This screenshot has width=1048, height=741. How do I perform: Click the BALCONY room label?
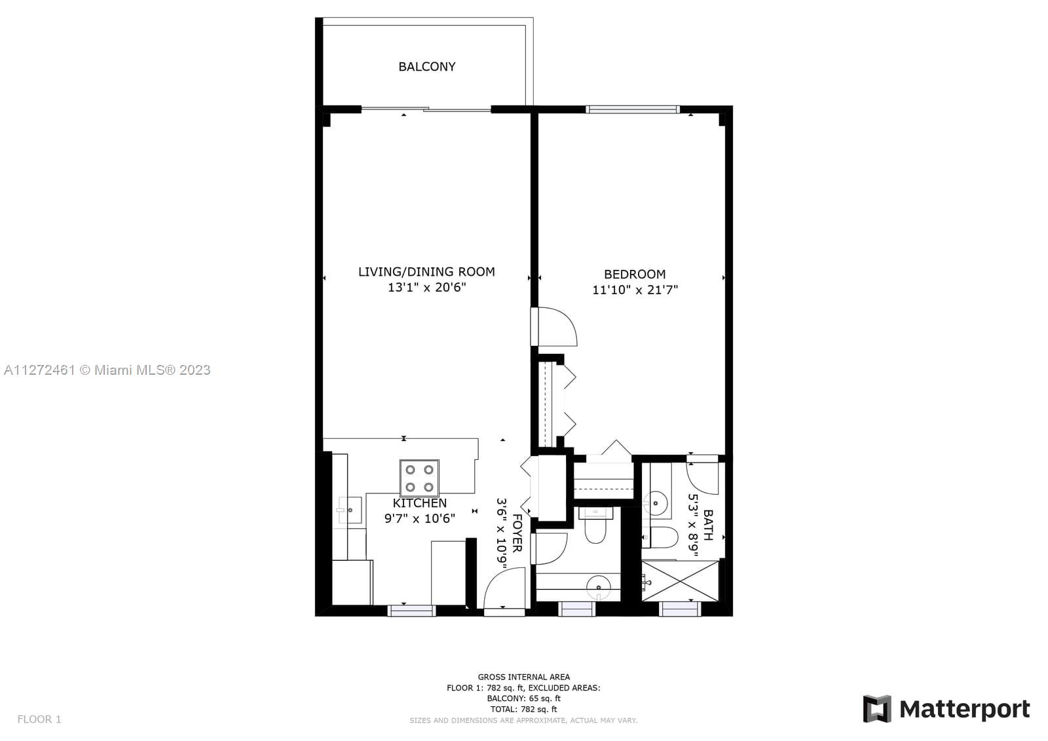click(x=426, y=66)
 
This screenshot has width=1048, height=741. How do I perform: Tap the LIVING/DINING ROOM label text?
click(x=426, y=272)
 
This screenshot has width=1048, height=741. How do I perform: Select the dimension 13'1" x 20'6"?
click(x=426, y=288)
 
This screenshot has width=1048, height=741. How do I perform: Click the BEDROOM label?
click(x=635, y=275)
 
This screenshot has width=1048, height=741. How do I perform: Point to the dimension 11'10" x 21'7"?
click(x=635, y=290)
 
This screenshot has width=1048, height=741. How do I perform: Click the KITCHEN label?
click(x=420, y=503)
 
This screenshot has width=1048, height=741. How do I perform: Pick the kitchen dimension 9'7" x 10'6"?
click(x=420, y=519)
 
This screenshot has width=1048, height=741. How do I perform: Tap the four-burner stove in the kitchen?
click(x=419, y=478)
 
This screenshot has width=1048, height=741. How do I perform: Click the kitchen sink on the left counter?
click(x=350, y=510)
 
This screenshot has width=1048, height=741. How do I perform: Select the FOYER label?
click(x=517, y=533)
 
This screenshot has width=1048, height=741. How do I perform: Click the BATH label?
click(x=708, y=525)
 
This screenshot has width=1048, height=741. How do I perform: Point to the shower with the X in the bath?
click(x=680, y=581)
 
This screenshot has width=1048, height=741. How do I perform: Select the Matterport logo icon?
click(x=877, y=709)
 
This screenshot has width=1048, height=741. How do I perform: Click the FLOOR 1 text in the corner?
click(x=39, y=719)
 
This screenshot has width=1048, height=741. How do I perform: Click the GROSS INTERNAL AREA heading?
click(x=523, y=677)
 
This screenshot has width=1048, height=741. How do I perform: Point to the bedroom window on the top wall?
click(x=633, y=109)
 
